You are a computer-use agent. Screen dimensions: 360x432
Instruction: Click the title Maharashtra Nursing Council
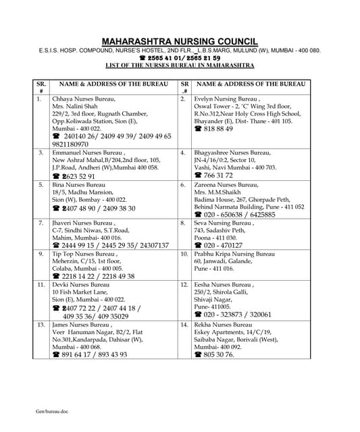click(180, 40)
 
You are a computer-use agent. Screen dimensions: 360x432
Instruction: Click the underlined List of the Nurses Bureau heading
click(180, 65)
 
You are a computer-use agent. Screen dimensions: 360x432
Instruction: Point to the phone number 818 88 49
click(218, 128)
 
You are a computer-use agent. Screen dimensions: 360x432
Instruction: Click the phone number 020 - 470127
click(224, 246)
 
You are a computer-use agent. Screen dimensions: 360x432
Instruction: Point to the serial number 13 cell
click(41, 324)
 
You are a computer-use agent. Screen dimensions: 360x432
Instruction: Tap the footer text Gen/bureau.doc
click(52, 411)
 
